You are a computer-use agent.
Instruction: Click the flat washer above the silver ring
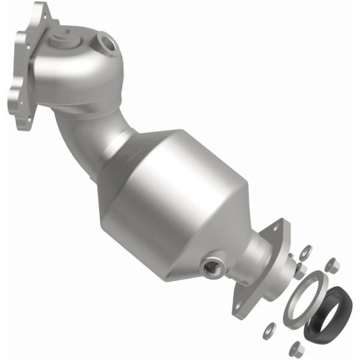pyautogui.click(x=304, y=250)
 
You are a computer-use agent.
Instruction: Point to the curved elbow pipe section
pyautogui.click(x=75, y=129)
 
